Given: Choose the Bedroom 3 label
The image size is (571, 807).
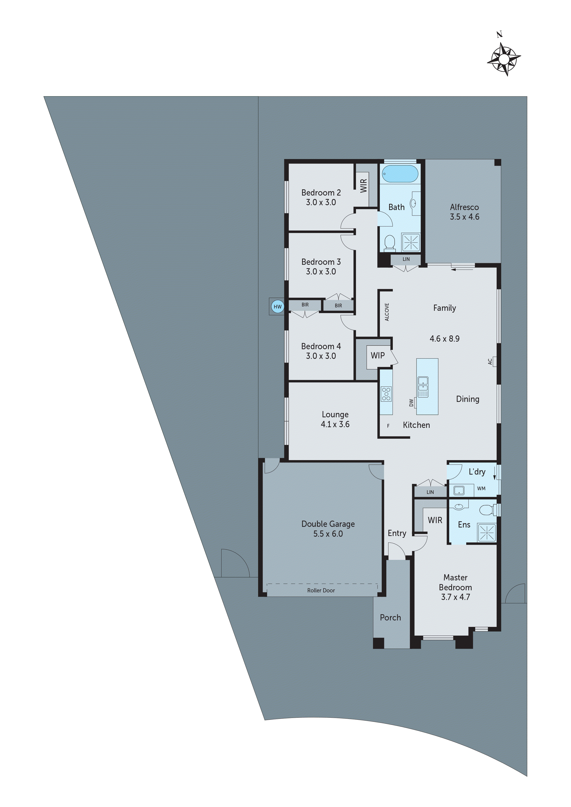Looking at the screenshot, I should (321, 262).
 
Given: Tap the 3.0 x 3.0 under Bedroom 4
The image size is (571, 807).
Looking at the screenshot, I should (321, 356).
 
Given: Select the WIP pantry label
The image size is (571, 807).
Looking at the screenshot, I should (378, 355).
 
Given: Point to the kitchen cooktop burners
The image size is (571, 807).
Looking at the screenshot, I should (386, 394).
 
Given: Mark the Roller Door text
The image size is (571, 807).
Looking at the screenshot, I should (321, 591).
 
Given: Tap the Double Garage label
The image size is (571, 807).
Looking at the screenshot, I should (328, 524).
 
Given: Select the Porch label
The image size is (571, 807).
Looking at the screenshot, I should (390, 617).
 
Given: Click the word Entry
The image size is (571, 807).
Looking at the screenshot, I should (397, 533).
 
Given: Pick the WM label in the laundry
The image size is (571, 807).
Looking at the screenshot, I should (481, 489).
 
